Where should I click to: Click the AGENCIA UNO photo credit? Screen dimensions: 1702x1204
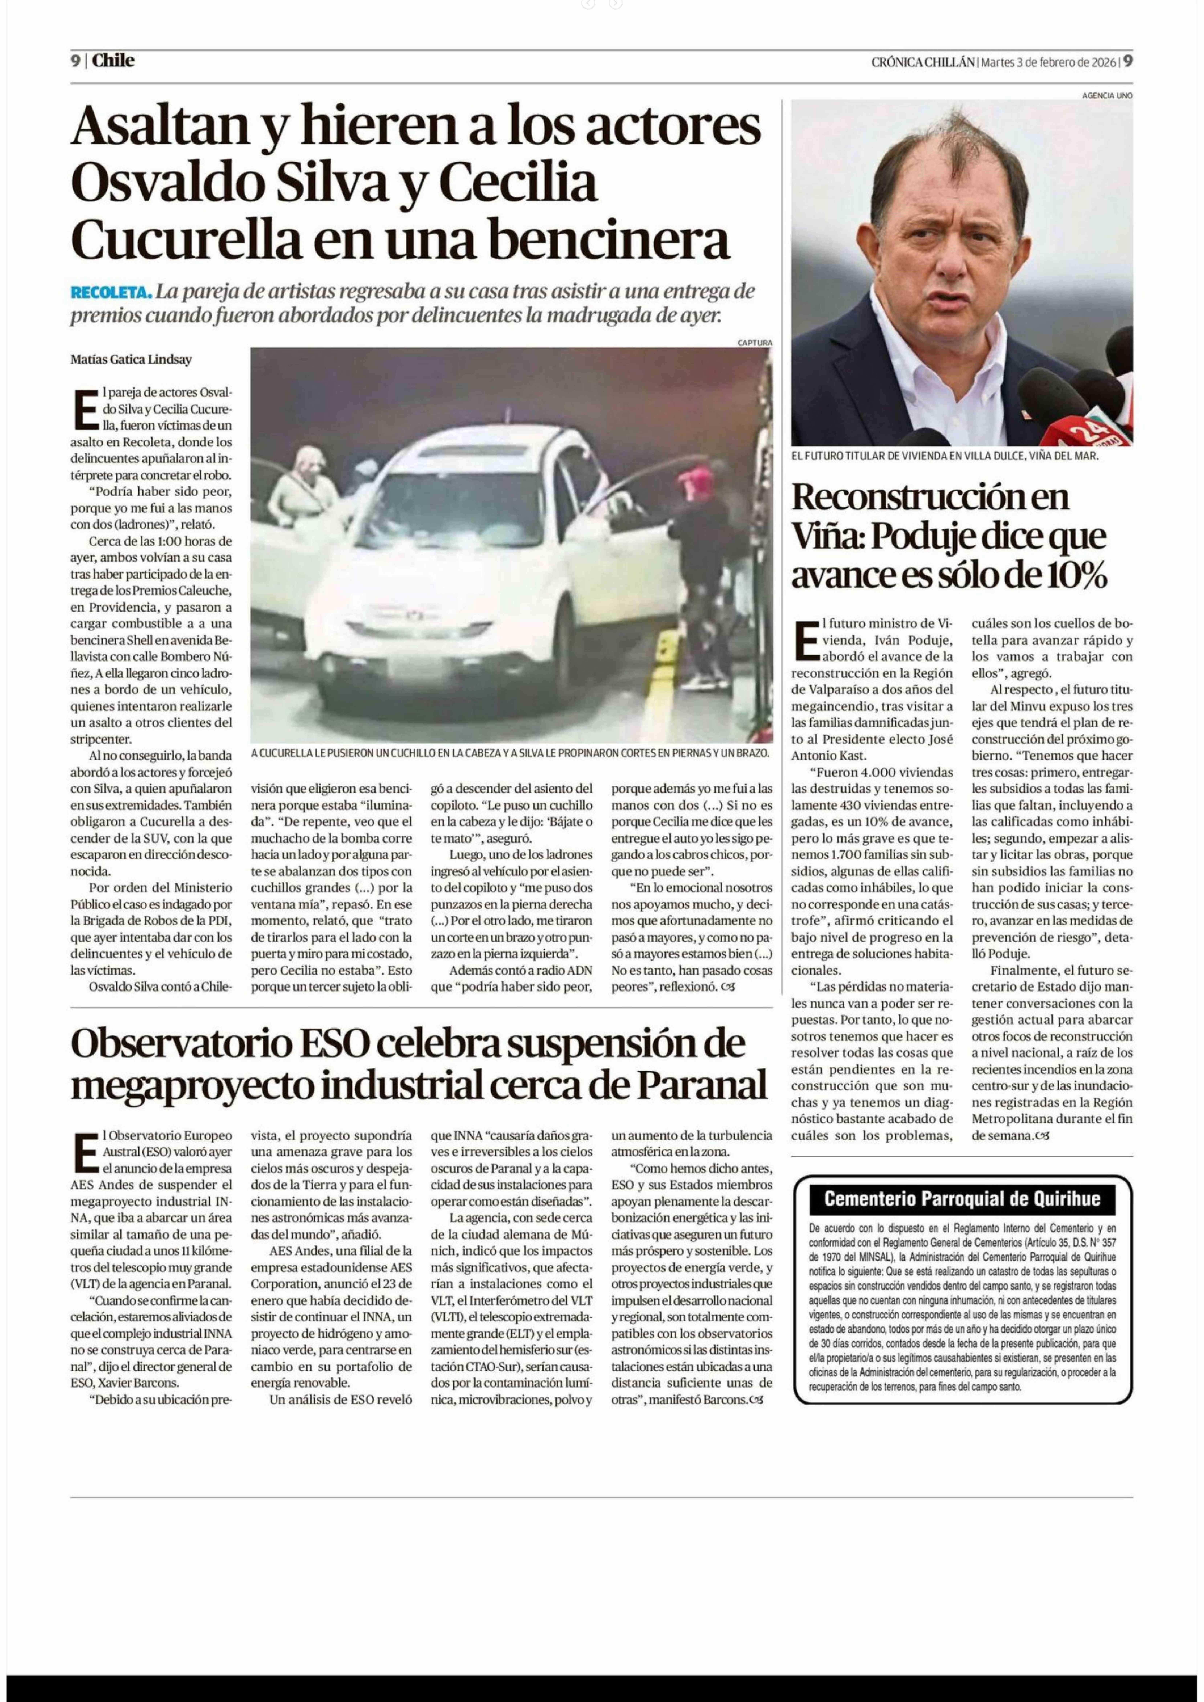[x=1107, y=96]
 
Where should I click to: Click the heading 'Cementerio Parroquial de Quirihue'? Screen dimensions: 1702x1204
[x=962, y=1199]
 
